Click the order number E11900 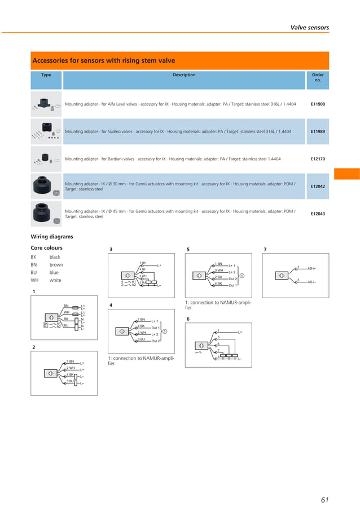pyautogui.click(x=318, y=104)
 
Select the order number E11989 pyautogui.click(x=318, y=132)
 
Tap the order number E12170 pyautogui.click(x=318, y=159)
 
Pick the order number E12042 pyautogui.click(x=318, y=186)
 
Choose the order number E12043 pyautogui.click(x=318, y=213)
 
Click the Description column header pyautogui.click(x=184, y=75)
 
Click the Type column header pyautogui.click(x=46, y=75)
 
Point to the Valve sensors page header pyautogui.click(x=309, y=27)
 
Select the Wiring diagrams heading pyautogui.click(x=51, y=237)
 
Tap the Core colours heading pyautogui.click(x=46, y=248)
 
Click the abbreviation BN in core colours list pyautogui.click(x=33, y=265)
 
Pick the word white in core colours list pyautogui.click(x=55, y=280)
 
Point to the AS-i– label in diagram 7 pyautogui.click(x=311, y=281)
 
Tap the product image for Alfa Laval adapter pyautogui.click(x=46, y=104)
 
